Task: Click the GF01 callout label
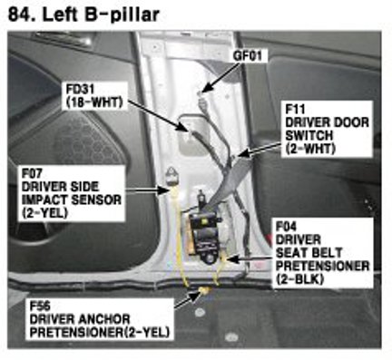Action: point(247,56)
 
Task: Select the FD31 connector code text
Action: point(80,90)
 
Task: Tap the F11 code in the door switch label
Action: point(295,110)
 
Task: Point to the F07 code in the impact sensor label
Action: point(32,173)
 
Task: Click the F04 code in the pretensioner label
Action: point(286,227)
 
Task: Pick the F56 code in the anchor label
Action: point(40,306)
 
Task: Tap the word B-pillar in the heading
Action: point(122,15)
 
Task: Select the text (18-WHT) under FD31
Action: point(94,102)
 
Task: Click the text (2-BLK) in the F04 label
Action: point(299,279)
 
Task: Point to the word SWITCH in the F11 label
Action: point(309,136)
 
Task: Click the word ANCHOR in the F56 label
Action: point(103,319)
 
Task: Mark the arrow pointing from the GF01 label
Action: point(220,77)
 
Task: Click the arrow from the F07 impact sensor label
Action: point(147,190)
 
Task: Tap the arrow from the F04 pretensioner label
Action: point(250,259)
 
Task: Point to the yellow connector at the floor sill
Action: point(203,291)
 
